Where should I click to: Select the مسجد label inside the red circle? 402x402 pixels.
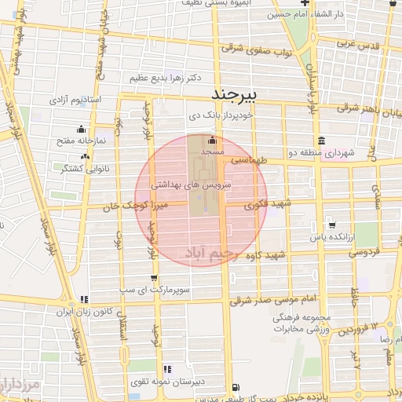[212, 149]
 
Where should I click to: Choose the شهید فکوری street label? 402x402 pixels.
[267, 204]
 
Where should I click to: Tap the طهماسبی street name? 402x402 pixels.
[250, 159]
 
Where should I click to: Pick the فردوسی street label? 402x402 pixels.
[367, 253]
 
